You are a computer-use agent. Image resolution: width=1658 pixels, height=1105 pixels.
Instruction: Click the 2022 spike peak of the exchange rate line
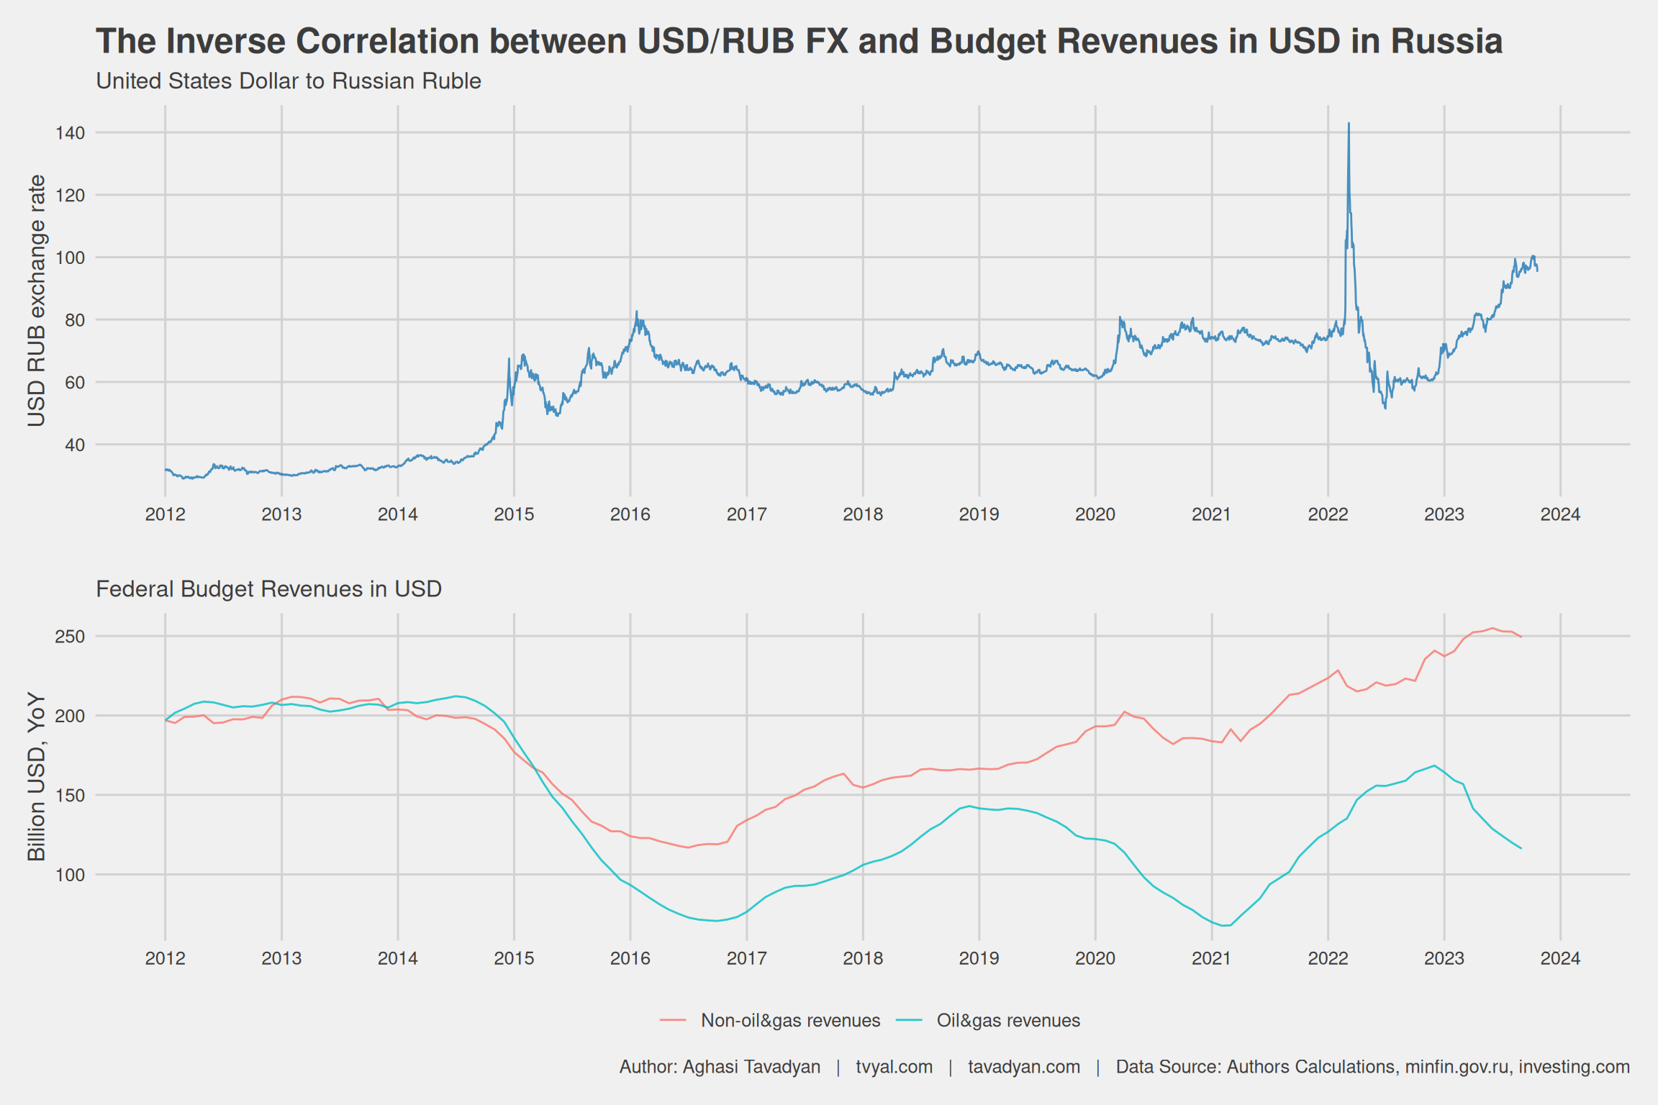[1349, 124]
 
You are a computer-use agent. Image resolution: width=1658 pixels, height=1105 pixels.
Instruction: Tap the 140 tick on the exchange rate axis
[70, 133]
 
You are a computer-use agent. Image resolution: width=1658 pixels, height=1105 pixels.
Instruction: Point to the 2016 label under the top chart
[630, 514]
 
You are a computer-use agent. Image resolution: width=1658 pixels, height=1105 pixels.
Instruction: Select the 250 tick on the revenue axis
[70, 637]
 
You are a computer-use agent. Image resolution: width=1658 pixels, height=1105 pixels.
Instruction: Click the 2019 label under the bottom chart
[979, 958]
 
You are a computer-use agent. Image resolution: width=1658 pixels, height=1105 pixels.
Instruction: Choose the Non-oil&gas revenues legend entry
[790, 1020]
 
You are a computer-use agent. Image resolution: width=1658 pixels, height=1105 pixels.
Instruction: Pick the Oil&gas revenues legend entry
[1007, 1020]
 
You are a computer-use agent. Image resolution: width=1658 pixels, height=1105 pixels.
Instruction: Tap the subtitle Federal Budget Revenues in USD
[268, 589]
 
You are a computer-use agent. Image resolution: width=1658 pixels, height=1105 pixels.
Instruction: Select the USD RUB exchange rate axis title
[37, 300]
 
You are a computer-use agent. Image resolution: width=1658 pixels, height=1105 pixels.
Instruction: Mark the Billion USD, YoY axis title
[37, 777]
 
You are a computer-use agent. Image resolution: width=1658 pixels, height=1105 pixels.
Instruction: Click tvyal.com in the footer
[894, 1067]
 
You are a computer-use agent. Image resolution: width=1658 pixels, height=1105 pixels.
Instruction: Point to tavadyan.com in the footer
[1023, 1067]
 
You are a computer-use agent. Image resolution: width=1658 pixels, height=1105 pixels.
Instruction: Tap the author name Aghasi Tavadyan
[751, 1067]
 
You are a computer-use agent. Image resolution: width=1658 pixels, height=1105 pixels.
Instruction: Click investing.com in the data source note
[1574, 1067]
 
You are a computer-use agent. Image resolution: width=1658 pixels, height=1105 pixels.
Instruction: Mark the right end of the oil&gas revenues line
[1521, 848]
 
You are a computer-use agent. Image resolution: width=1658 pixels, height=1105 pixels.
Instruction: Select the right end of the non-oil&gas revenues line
[1521, 637]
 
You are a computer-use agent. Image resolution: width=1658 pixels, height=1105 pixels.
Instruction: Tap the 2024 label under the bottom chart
[1560, 958]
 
